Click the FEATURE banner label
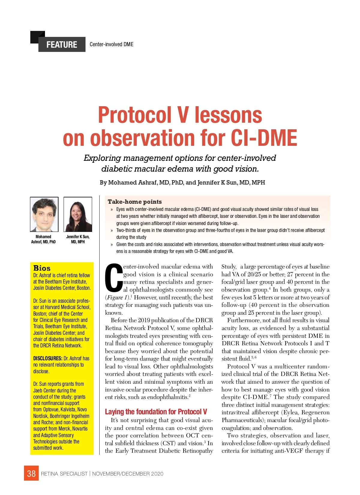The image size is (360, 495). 61,45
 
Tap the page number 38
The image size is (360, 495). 31,473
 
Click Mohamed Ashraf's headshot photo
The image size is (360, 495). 44,214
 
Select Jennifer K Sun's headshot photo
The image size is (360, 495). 78,214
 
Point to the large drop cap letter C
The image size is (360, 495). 114,278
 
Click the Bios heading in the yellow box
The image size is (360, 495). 42,268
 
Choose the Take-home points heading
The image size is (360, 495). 135,202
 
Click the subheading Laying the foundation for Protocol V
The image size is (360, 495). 156,412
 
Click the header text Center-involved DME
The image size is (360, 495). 111,44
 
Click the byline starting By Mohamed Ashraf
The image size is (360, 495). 182,182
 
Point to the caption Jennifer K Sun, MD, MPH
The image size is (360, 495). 78,239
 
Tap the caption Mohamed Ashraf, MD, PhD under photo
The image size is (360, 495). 43,239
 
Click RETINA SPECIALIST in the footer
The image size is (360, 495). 64,474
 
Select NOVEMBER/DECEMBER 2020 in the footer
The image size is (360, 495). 128,474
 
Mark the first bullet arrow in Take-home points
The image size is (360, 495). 112,209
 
